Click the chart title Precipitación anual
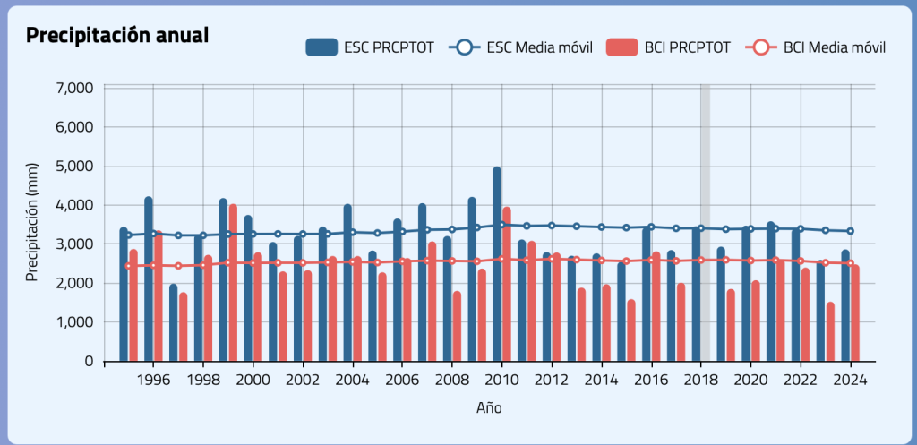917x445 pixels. click(117, 36)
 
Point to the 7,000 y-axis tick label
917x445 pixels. click(74, 89)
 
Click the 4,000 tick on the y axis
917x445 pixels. click(74, 205)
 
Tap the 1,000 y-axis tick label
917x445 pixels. click(74, 322)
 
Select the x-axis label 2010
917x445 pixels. click(501, 379)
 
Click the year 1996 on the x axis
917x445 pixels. click(153, 379)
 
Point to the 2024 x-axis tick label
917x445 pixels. click(850, 379)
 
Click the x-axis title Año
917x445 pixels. click(489, 407)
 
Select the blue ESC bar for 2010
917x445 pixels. click(497, 264)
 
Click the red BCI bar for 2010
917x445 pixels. click(507, 284)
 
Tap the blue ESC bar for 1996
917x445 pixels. click(149, 278)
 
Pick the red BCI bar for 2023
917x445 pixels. click(830, 331)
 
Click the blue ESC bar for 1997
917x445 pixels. click(174, 322)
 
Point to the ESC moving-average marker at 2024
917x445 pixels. click(850, 231)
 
